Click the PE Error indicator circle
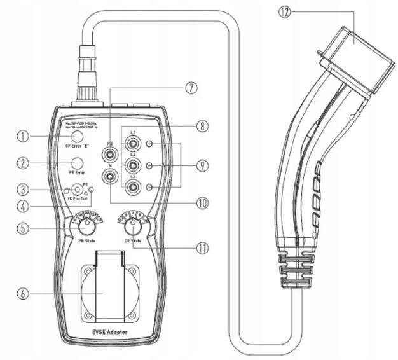pyautogui.click(x=78, y=163)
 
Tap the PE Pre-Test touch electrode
pyautogui.click(x=78, y=189)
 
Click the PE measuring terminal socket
pyautogui.click(x=111, y=153)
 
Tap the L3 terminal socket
pyautogui.click(x=133, y=187)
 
